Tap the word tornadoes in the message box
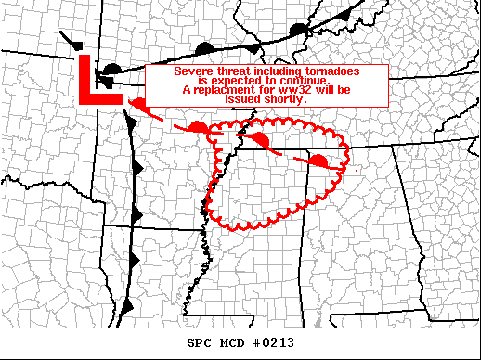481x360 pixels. pyautogui.click(x=327, y=71)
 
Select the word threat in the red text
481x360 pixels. pyautogui.click(x=231, y=71)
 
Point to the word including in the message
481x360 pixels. pyautogui.click(x=277, y=71)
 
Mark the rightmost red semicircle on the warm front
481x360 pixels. pyautogui.click(x=318, y=161)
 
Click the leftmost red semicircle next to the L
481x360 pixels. pyautogui.click(x=137, y=104)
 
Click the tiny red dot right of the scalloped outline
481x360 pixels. pyautogui.click(x=357, y=171)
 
